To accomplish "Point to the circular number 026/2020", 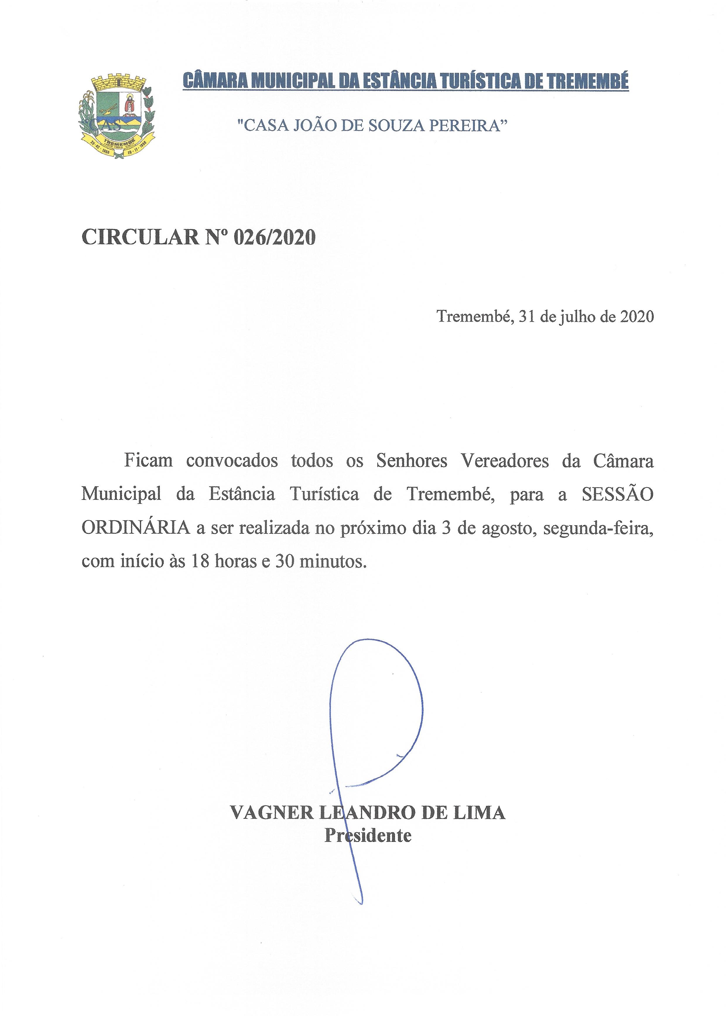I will click(275, 237).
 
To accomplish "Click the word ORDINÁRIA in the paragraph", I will click(136, 528).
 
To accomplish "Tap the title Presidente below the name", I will click(367, 835).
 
